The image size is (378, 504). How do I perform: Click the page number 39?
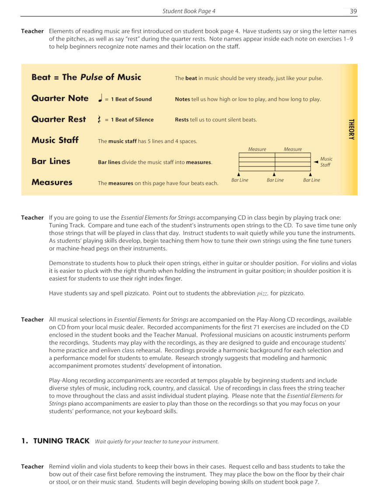pos(353,11)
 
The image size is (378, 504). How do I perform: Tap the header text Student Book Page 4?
pos(189,11)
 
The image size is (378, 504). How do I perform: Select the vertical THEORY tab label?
pos(351,129)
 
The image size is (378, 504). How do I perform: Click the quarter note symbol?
pos(100,98)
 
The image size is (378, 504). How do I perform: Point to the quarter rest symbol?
pos(100,119)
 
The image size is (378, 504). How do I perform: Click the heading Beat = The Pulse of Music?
pos(86,77)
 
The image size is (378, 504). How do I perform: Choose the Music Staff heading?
pos(55,140)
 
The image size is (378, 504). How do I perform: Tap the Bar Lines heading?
pos(51,161)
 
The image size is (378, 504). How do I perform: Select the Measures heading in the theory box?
pos(52,182)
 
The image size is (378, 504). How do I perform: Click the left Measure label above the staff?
pos(257,149)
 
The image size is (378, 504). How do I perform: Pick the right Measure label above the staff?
pos(293,149)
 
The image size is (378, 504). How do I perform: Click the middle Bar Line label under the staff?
pos(275,180)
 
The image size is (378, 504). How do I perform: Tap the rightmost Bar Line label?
pos(311,180)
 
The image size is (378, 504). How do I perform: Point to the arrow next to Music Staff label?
pos(315,162)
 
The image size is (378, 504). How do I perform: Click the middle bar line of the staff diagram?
pos(275,162)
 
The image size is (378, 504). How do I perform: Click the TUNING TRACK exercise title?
pos(61,441)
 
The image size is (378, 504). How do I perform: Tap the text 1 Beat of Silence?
pos(132,120)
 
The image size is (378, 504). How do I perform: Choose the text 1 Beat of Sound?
pos(131,99)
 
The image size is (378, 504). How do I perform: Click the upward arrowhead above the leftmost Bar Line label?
pos(238,175)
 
